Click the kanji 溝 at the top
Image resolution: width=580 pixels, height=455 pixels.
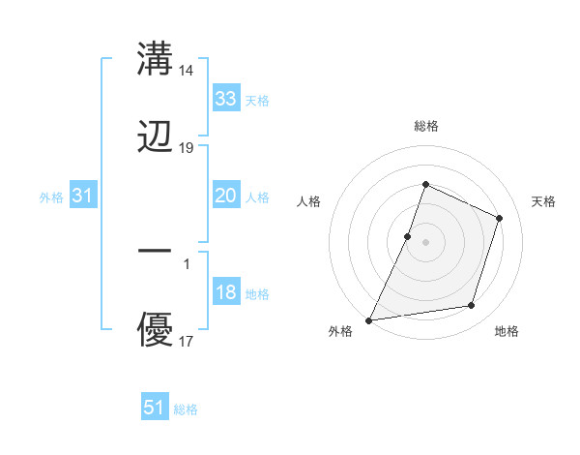tap(155, 59)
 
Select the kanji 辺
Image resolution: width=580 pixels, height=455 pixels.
tap(155, 138)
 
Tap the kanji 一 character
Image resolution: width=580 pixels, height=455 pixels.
tap(155, 253)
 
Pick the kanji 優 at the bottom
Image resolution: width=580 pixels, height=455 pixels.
tap(155, 331)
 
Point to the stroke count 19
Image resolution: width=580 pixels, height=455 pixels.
tap(188, 148)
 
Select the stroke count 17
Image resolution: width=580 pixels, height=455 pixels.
tap(188, 342)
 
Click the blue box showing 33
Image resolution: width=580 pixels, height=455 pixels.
tap(225, 99)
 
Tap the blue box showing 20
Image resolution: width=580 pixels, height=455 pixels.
tap(225, 196)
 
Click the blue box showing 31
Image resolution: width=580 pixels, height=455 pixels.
tap(82, 196)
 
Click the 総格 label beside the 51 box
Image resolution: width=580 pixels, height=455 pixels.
tap(186, 409)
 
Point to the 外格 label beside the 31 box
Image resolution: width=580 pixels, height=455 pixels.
tap(51, 197)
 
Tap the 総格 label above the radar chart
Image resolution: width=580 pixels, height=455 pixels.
tap(425, 126)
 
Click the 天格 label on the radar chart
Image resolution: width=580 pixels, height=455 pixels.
tap(544, 201)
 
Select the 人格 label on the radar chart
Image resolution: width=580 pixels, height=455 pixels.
tap(308, 201)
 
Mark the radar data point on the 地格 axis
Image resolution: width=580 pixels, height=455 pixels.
tap(472, 306)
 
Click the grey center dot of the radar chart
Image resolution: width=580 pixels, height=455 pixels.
tap(425, 242)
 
